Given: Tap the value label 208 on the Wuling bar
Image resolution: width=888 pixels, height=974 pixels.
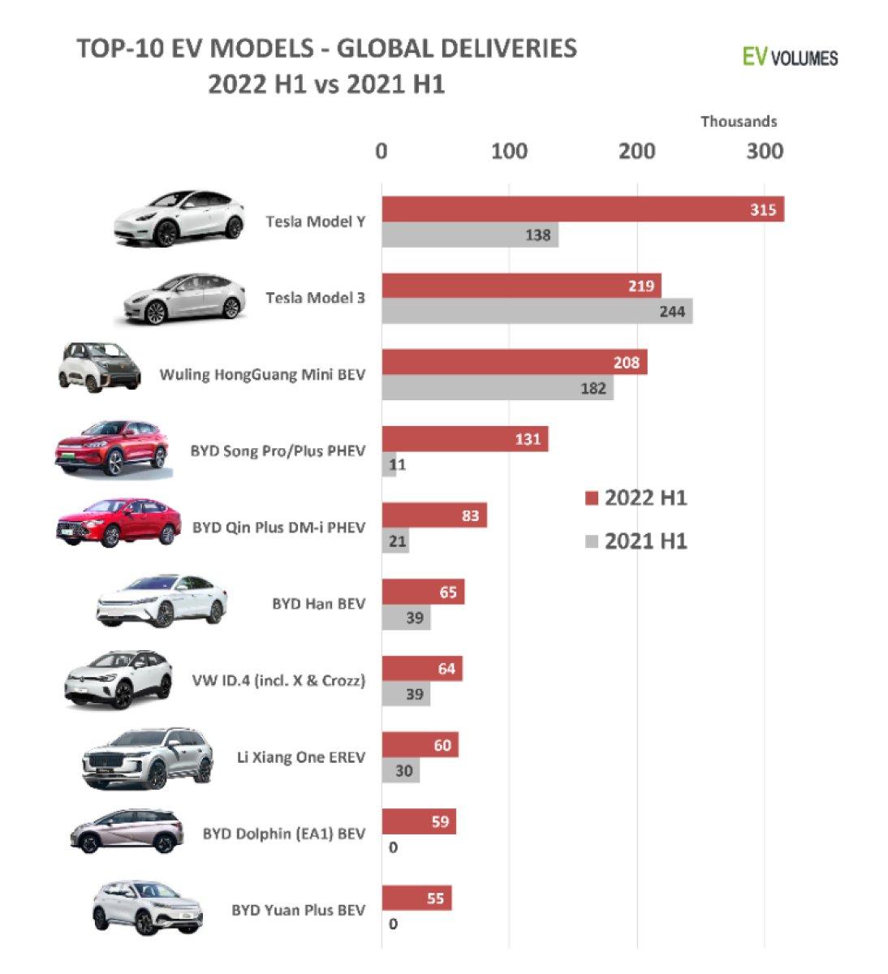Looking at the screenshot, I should (627, 363).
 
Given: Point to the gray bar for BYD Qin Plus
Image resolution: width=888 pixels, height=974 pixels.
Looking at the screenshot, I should (395, 541).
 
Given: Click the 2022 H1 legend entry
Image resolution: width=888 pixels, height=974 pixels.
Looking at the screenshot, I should (636, 498).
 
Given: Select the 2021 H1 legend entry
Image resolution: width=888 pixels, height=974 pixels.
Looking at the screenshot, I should (636, 541).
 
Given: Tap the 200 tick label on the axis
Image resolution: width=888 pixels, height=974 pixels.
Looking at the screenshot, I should (637, 152).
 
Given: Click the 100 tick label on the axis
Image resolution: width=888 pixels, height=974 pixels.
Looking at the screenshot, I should (509, 152).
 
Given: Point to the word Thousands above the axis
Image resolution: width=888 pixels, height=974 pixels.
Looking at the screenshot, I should (739, 122).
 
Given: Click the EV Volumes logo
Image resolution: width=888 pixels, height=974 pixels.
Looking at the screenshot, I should (790, 57).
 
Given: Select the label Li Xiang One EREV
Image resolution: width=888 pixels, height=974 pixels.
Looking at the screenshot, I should (300, 757).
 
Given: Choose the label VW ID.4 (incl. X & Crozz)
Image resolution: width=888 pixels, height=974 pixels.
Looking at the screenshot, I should (278, 680).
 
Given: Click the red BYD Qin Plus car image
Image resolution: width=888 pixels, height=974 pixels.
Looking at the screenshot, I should (118, 522).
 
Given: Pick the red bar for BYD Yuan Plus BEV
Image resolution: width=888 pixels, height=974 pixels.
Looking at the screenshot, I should (416, 899).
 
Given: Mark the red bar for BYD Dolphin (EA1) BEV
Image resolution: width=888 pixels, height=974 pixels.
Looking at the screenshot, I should (419, 821).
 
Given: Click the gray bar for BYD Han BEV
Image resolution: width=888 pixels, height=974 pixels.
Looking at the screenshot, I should (406, 618).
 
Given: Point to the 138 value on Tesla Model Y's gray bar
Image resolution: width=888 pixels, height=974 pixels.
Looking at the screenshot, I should (537, 235).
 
